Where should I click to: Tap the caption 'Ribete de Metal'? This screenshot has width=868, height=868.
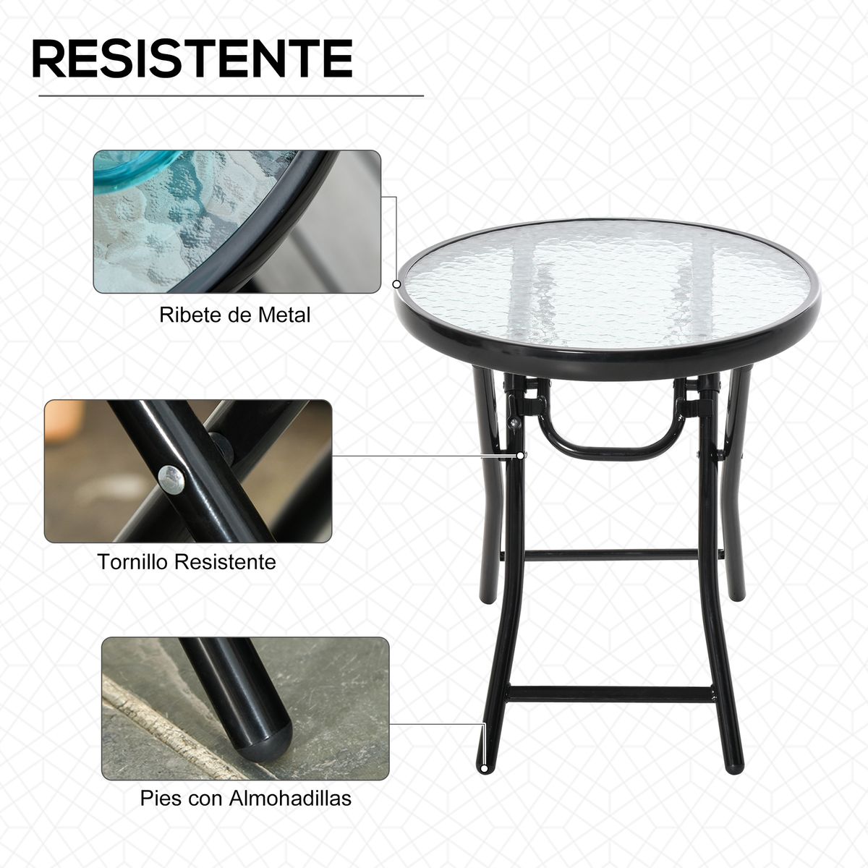[235, 315]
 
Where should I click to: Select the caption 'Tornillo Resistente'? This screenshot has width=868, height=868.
[187, 562]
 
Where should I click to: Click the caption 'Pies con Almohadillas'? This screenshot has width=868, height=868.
[246, 798]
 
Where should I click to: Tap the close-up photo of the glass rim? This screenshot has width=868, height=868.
[237, 221]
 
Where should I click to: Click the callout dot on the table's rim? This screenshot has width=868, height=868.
[397, 284]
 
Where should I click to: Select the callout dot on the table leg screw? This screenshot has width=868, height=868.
[520, 455]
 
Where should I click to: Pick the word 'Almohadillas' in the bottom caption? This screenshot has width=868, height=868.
[290, 798]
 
